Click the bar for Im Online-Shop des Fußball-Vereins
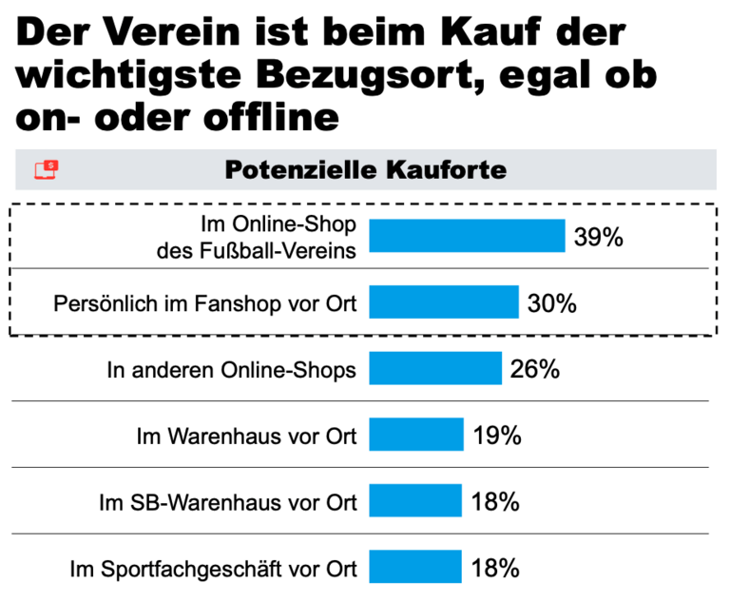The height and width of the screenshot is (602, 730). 467,236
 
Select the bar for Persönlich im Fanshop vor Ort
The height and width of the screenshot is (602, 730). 443,302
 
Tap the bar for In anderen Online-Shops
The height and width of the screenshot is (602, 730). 434,369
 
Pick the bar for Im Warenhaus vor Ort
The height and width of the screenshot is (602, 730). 415,436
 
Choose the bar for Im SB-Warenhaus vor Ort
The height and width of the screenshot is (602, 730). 414,501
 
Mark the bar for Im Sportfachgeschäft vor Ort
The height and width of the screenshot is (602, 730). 414,568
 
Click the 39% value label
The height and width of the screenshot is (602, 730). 598,237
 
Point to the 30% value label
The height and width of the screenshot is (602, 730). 551,303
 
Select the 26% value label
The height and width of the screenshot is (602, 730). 534,369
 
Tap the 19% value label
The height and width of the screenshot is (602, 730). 495,436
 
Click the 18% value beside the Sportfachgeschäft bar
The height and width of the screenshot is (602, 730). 494,569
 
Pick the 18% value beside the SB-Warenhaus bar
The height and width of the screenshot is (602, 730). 494,502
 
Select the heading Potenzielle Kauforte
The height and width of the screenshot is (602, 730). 365,170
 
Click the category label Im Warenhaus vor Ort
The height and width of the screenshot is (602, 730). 247,437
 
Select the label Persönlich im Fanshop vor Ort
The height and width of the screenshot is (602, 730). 205,304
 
